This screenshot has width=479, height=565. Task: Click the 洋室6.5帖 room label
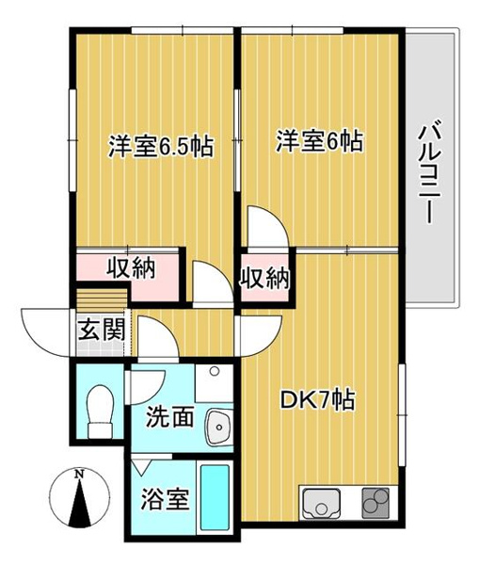[159, 147]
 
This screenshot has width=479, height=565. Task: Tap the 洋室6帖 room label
[319, 143]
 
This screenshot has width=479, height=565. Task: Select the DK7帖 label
[318, 400]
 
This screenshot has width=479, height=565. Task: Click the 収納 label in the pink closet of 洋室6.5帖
[129, 268]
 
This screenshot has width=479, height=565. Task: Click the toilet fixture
[98, 412]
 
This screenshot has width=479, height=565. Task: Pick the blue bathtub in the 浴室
[216, 497]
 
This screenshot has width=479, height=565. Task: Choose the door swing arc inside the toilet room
[149, 382]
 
